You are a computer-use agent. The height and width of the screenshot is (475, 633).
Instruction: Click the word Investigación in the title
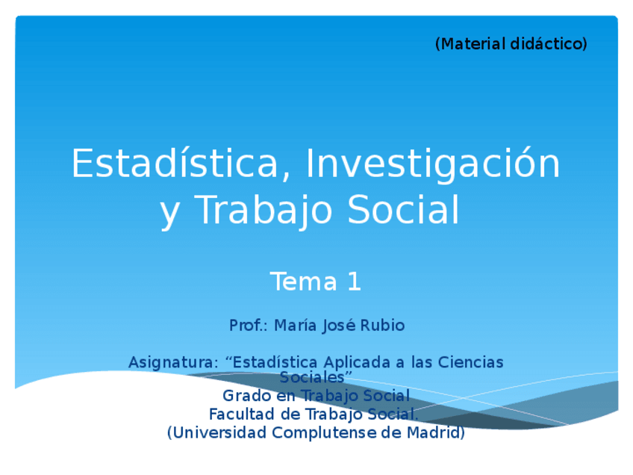click(x=433, y=164)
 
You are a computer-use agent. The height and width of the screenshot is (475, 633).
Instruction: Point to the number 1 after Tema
click(x=354, y=282)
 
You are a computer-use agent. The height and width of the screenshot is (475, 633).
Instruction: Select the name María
click(x=298, y=326)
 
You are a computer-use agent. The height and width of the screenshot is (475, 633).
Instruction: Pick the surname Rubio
click(x=382, y=326)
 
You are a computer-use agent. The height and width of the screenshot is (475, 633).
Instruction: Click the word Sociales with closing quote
click(x=316, y=377)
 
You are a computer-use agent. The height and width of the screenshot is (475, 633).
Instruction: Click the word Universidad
click(x=219, y=432)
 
